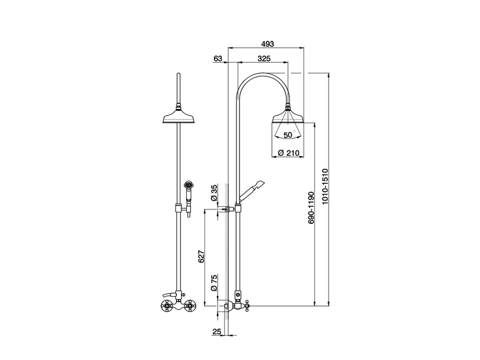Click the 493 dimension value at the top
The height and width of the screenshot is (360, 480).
(267, 44)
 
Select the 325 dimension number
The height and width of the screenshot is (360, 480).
(264, 58)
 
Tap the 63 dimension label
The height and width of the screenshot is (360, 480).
(217, 58)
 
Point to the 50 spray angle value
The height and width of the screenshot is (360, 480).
(288, 135)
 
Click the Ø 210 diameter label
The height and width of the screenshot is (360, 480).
(288, 153)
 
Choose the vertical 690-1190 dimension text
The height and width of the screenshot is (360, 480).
(311, 207)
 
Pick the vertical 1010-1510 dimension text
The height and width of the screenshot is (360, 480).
(325, 187)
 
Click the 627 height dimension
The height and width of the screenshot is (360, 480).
(201, 256)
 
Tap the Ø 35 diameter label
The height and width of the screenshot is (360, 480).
(214, 193)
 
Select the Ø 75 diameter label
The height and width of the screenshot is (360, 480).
(214, 283)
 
